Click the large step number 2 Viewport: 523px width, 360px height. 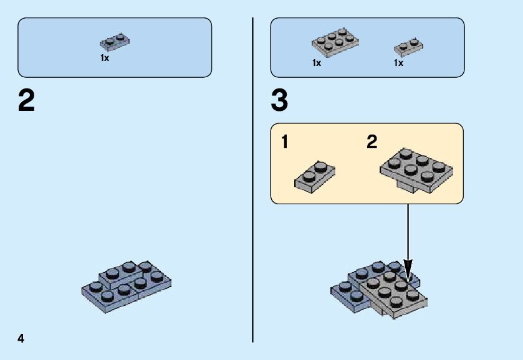[27, 101]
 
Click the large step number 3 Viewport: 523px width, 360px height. [280, 101]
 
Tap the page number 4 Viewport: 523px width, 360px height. [21, 338]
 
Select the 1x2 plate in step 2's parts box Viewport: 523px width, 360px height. [115, 42]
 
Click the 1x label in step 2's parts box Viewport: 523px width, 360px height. [105, 58]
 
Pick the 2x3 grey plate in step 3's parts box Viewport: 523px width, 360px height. [335, 42]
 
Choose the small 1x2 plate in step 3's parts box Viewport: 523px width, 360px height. [408, 46]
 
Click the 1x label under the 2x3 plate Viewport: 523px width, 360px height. [317, 63]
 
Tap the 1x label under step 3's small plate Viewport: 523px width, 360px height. [398, 63]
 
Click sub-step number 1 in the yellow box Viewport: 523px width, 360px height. [285, 143]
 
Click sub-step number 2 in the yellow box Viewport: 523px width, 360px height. [372, 143]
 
